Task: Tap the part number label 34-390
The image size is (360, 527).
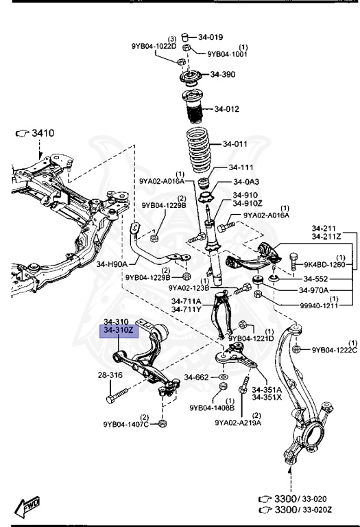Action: coord(223,74)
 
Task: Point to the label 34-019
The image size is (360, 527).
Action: coord(211,36)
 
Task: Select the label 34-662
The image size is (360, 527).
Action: coord(195,377)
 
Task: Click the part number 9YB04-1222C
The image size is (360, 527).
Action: coord(335,350)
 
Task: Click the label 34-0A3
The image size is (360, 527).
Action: coord(246,182)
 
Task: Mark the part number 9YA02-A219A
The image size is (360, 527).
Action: coord(237,423)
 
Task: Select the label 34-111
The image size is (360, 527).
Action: coord(242,167)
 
